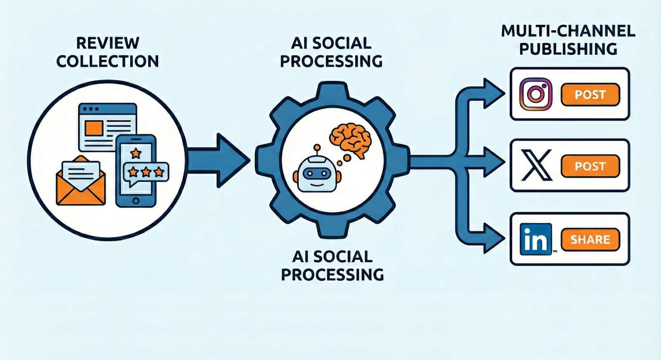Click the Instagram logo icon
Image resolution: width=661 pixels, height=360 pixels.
(x=536, y=94)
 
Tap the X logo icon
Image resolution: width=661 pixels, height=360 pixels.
(x=536, y=166)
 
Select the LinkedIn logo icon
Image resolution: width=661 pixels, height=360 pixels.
(x=536, y=239)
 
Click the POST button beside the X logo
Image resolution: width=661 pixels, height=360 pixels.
(x=590, y=166)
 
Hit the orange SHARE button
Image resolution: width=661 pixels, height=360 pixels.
(x=590, y=239)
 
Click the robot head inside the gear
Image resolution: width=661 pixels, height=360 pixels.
(x=317, y=174)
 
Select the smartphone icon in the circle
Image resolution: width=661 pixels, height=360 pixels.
(x=136, y=171)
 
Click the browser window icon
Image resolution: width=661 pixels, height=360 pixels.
(x=107, y=126)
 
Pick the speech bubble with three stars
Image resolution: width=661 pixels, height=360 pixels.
(x=146, y=173)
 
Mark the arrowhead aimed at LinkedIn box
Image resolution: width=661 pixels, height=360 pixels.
(x=494, y=238)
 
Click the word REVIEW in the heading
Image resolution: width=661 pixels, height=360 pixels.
(x=108, y=43)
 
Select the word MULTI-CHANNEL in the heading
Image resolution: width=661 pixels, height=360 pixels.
(x=568, y=31)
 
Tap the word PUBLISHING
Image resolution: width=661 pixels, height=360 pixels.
(x=568, y=49)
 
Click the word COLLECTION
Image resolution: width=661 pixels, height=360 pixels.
(x=108, y=62)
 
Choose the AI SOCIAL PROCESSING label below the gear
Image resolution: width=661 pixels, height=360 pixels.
(x=332, y=265)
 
